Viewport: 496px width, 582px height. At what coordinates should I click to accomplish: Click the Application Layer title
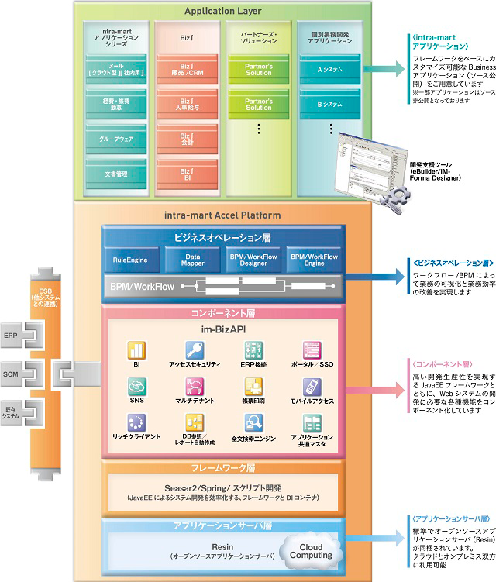(224, 11)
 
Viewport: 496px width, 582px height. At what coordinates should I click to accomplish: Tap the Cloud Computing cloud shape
(311, 550)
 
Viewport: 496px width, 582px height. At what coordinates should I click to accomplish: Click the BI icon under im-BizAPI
(136, 349)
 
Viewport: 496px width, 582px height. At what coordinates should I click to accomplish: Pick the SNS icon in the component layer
(136, 385)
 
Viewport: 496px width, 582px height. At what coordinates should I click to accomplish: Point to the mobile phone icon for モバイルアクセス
(311, 385)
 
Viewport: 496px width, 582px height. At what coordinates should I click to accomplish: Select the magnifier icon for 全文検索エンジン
(253, 422)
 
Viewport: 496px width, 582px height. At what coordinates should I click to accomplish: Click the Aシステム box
(330, 69)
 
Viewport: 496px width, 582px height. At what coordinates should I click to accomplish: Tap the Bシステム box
(330, 103)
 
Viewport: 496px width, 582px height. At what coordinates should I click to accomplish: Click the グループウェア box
(115, 141)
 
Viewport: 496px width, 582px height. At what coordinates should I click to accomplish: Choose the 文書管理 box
(115, 174)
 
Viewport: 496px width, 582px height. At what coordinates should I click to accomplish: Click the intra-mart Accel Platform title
(223, 214)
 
